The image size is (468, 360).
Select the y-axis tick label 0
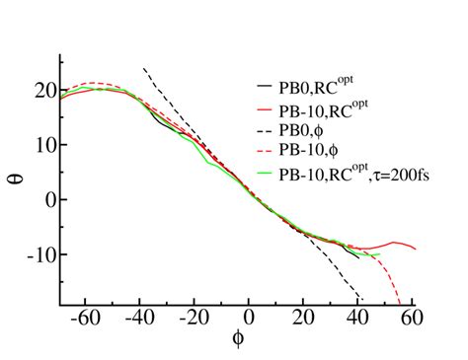point(49,199)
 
